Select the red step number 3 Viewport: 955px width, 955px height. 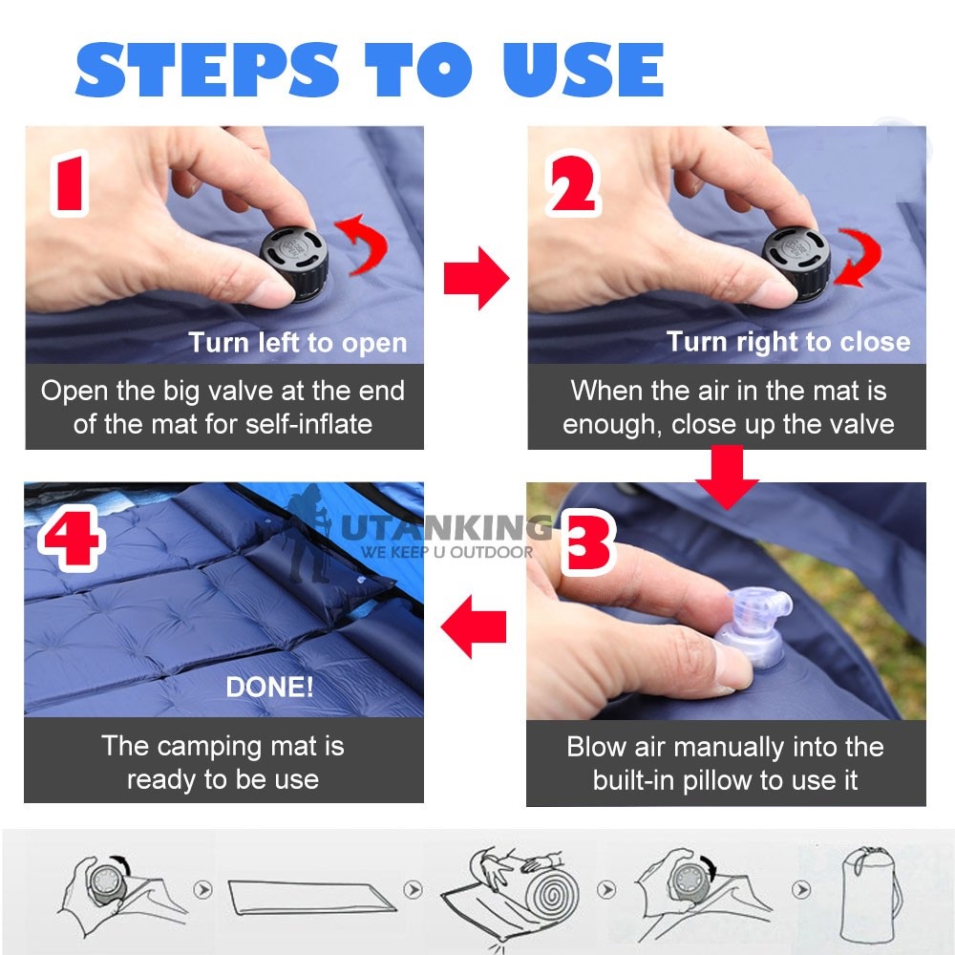[x=586, y=543]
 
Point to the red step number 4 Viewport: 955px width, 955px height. [x=72, y=537]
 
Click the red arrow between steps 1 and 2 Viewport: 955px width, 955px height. [x=477, y=278]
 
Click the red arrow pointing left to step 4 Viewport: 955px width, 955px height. [x=474, y=626]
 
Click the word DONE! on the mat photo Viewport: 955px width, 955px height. [x=270, y=687]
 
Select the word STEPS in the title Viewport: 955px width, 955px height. [x=207, y=70]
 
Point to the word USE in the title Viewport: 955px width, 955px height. [x=584, y=70]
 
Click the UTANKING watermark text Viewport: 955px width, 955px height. [x=445, y=527]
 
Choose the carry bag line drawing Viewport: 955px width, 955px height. [x=870, y=893]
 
